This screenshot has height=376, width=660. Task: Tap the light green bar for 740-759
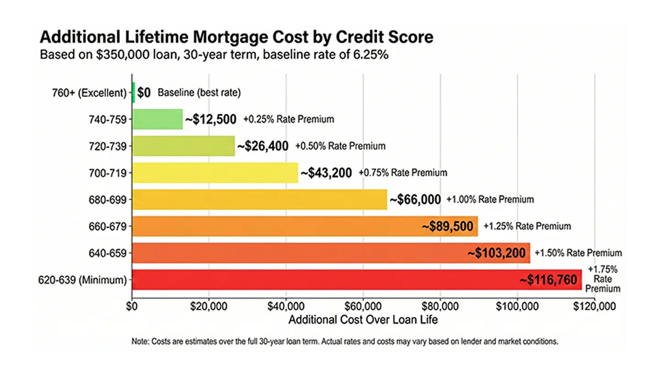click(157, 119)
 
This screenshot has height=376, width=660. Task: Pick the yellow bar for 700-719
click(215, 173)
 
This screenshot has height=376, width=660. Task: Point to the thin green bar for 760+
click(133, 93)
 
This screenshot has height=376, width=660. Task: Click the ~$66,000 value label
click(415, 200)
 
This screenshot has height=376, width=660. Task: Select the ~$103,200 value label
click(496, 253)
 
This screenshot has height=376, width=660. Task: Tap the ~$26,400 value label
click(263, 146)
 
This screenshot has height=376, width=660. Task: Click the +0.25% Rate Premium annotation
click(289, 119)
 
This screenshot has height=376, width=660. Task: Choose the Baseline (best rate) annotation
click(199, 93)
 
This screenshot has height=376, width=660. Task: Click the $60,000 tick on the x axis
click(363, 305)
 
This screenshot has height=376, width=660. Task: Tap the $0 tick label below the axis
click(132, 305)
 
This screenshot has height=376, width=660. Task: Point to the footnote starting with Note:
click(345, 342)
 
